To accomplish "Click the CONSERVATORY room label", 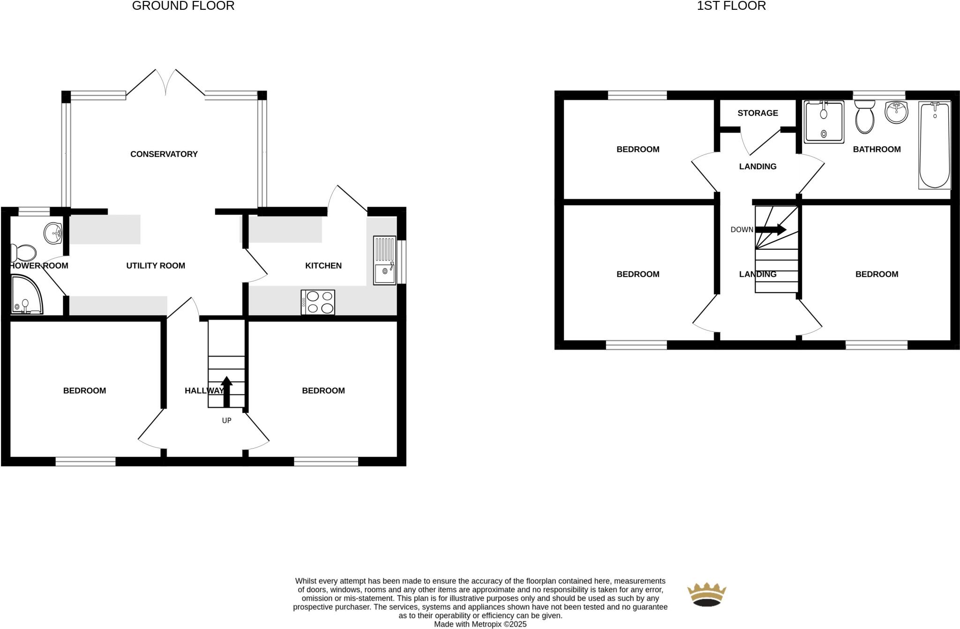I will (164, 154).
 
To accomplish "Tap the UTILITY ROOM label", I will (156, 266).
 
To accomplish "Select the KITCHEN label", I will (323, 266).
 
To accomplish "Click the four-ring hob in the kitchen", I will (318, 302).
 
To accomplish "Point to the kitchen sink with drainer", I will (384, 261).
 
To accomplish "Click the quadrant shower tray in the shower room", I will (26, 295).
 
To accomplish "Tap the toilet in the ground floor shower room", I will (23, 253).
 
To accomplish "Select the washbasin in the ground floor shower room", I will (53, 232).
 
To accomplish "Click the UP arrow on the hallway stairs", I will (226, 391).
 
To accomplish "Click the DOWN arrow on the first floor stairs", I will (771, 230).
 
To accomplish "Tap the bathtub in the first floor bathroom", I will (935, 145).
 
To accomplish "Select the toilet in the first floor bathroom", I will (865, 117).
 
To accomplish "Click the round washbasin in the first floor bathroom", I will (896, 112).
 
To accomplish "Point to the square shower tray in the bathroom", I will (824, 122).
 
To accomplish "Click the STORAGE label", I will (757, 113).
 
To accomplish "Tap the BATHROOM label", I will (877, 150).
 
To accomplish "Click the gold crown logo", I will (706, 594).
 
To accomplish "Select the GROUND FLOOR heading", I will (183, 6).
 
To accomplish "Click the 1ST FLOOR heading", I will (731, 6).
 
